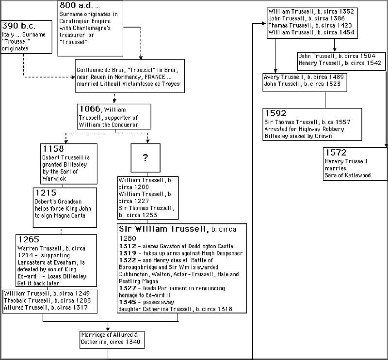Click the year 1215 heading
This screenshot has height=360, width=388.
(46, 193)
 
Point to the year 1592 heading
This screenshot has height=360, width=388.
(275, 113)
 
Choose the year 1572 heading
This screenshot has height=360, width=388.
(336, 153)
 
